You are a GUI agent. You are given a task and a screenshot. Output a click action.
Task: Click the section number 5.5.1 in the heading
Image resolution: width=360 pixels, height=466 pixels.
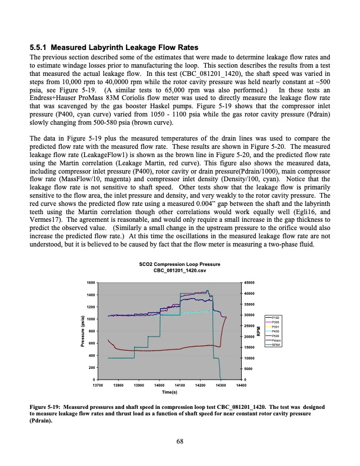[x=39, y=47]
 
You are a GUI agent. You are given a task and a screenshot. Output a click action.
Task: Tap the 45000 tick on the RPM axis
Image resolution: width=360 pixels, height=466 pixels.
[x=249, y=283]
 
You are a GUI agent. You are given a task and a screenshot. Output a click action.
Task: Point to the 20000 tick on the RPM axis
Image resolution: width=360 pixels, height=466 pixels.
[x=249, y=337]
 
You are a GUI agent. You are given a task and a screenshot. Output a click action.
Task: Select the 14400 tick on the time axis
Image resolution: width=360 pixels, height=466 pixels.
[x=241, y=385]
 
